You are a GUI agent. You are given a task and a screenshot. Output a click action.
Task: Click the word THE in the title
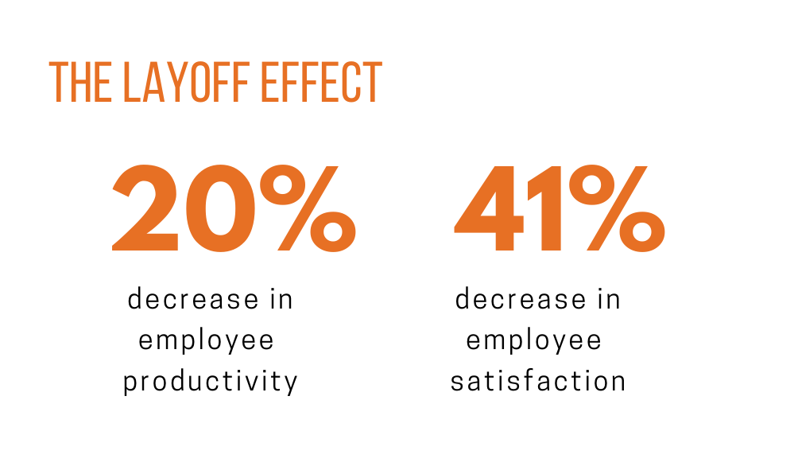[x=80, y=82]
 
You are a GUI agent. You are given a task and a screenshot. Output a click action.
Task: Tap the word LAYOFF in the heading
[x=186, y=82]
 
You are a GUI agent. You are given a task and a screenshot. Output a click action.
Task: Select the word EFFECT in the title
[x=321, y=82]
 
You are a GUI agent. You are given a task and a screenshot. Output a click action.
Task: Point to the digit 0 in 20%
[x=220, y=208]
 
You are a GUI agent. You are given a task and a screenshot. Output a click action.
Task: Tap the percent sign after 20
[x=308, y=208]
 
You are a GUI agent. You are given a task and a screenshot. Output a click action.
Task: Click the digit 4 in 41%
[x=489, y=208]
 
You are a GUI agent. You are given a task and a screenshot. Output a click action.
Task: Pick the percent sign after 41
[x=617, y=208]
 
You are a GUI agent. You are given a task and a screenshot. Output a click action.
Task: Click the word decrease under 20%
[x=193, y=298]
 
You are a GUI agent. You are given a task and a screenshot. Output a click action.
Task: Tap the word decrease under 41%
[x=521, y=298]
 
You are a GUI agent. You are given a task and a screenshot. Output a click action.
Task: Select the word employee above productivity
[x=206, y=341]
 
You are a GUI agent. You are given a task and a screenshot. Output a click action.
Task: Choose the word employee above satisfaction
[x=534, y=341]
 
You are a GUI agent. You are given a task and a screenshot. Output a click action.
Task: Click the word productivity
[x=210, y=382]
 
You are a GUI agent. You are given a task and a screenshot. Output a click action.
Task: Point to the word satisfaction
[x=538, y=381]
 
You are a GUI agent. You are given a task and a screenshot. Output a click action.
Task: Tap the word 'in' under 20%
[x=281, y=298]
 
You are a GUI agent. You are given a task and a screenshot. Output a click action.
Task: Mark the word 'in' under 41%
[x=609, y=298]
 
